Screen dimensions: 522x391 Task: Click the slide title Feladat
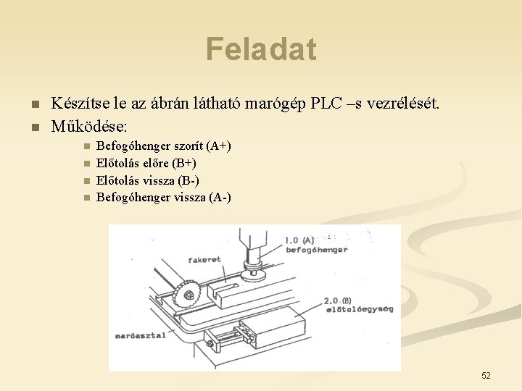click(261, 49)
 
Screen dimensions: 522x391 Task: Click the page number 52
click(486, 375)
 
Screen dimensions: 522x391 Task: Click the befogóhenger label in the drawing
click(317, 251)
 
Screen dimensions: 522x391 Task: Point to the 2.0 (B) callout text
click(338, 299)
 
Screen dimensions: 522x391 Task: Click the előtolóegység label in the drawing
click(360, 309)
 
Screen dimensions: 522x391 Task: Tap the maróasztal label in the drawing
click(140, 336)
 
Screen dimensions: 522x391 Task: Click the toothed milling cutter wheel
click(188, 294)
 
